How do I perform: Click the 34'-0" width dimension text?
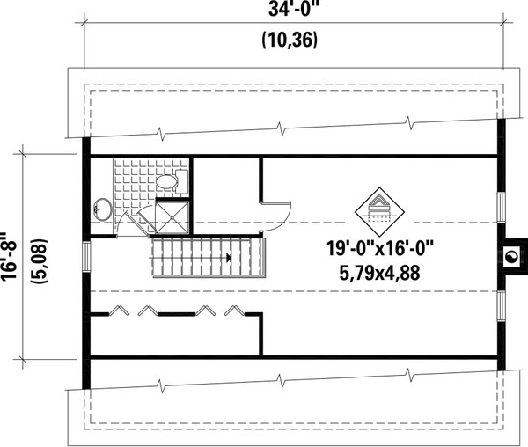coord(290,12)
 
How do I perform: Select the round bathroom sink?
coord(100,209)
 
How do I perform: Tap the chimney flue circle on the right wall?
coord(510,257)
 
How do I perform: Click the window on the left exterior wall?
coord(85,257)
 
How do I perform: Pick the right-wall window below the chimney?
coord(500,305)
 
